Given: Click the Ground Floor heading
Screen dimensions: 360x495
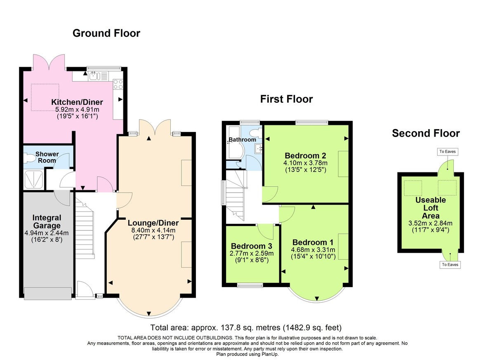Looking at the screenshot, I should (x=106, y=33).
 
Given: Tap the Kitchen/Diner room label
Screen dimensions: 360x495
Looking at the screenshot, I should (x=77, y=102).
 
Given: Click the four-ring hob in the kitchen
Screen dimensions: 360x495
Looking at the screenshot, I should (x=118, y=84).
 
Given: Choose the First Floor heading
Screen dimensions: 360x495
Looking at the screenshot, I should (x=286, y=99).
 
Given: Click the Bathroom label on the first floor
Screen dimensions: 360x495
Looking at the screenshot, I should (x=243, y=140).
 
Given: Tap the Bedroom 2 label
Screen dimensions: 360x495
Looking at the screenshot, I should (x=305, y=155).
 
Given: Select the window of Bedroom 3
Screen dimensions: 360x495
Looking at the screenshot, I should (x=250, y=285).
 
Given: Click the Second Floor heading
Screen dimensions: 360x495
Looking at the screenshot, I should (x=425, y=133).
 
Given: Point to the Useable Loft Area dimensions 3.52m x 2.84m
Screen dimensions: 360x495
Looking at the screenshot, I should (x=431, y=224).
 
